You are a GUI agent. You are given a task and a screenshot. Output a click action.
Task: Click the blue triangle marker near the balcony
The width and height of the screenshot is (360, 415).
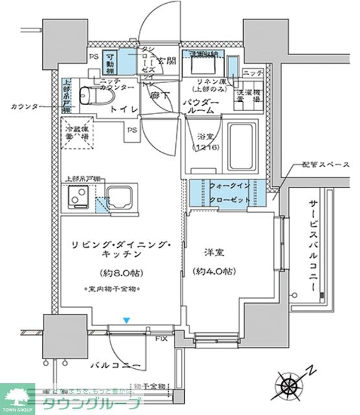coord(127,320)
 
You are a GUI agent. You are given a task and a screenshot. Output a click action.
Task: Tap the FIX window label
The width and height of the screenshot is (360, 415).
coord(161,338)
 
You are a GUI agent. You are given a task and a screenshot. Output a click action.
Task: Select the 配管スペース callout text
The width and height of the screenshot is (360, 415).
coord(315,165)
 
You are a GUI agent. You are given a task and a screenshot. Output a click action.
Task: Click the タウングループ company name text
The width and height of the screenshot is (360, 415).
coord(91,404)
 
